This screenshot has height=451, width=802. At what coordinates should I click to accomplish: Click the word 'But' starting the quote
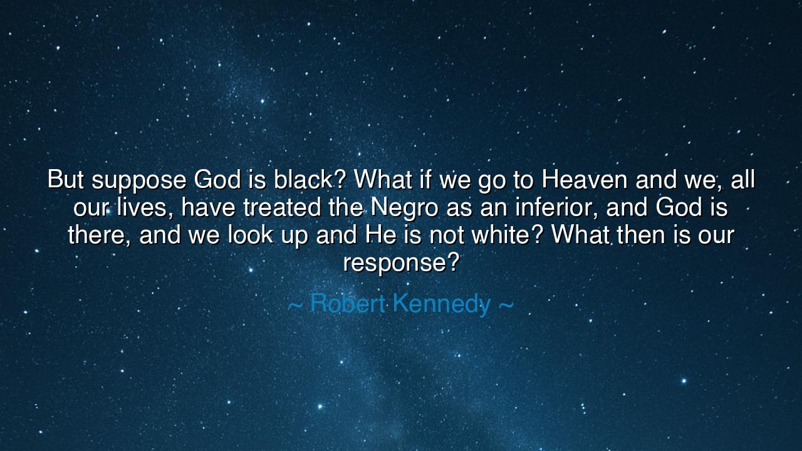(65, 179)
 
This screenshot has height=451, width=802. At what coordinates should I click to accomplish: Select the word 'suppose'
(139, 182)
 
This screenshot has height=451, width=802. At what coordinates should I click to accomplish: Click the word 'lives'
(142, 207)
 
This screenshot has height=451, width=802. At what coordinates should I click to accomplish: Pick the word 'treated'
(282, 207)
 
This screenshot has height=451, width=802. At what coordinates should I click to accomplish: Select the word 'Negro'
(404, 209)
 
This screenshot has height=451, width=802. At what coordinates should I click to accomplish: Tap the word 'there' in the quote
(96, 235)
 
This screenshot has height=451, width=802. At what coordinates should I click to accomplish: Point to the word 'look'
(251, 235)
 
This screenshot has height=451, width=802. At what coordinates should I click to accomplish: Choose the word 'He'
(380, 235)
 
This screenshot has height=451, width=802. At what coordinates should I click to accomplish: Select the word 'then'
(641, 235)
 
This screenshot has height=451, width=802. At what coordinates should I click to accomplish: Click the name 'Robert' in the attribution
(347, 303)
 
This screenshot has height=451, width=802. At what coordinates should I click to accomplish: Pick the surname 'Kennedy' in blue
(442, 304)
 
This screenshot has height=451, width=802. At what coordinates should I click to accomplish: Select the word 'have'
(208, 207)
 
